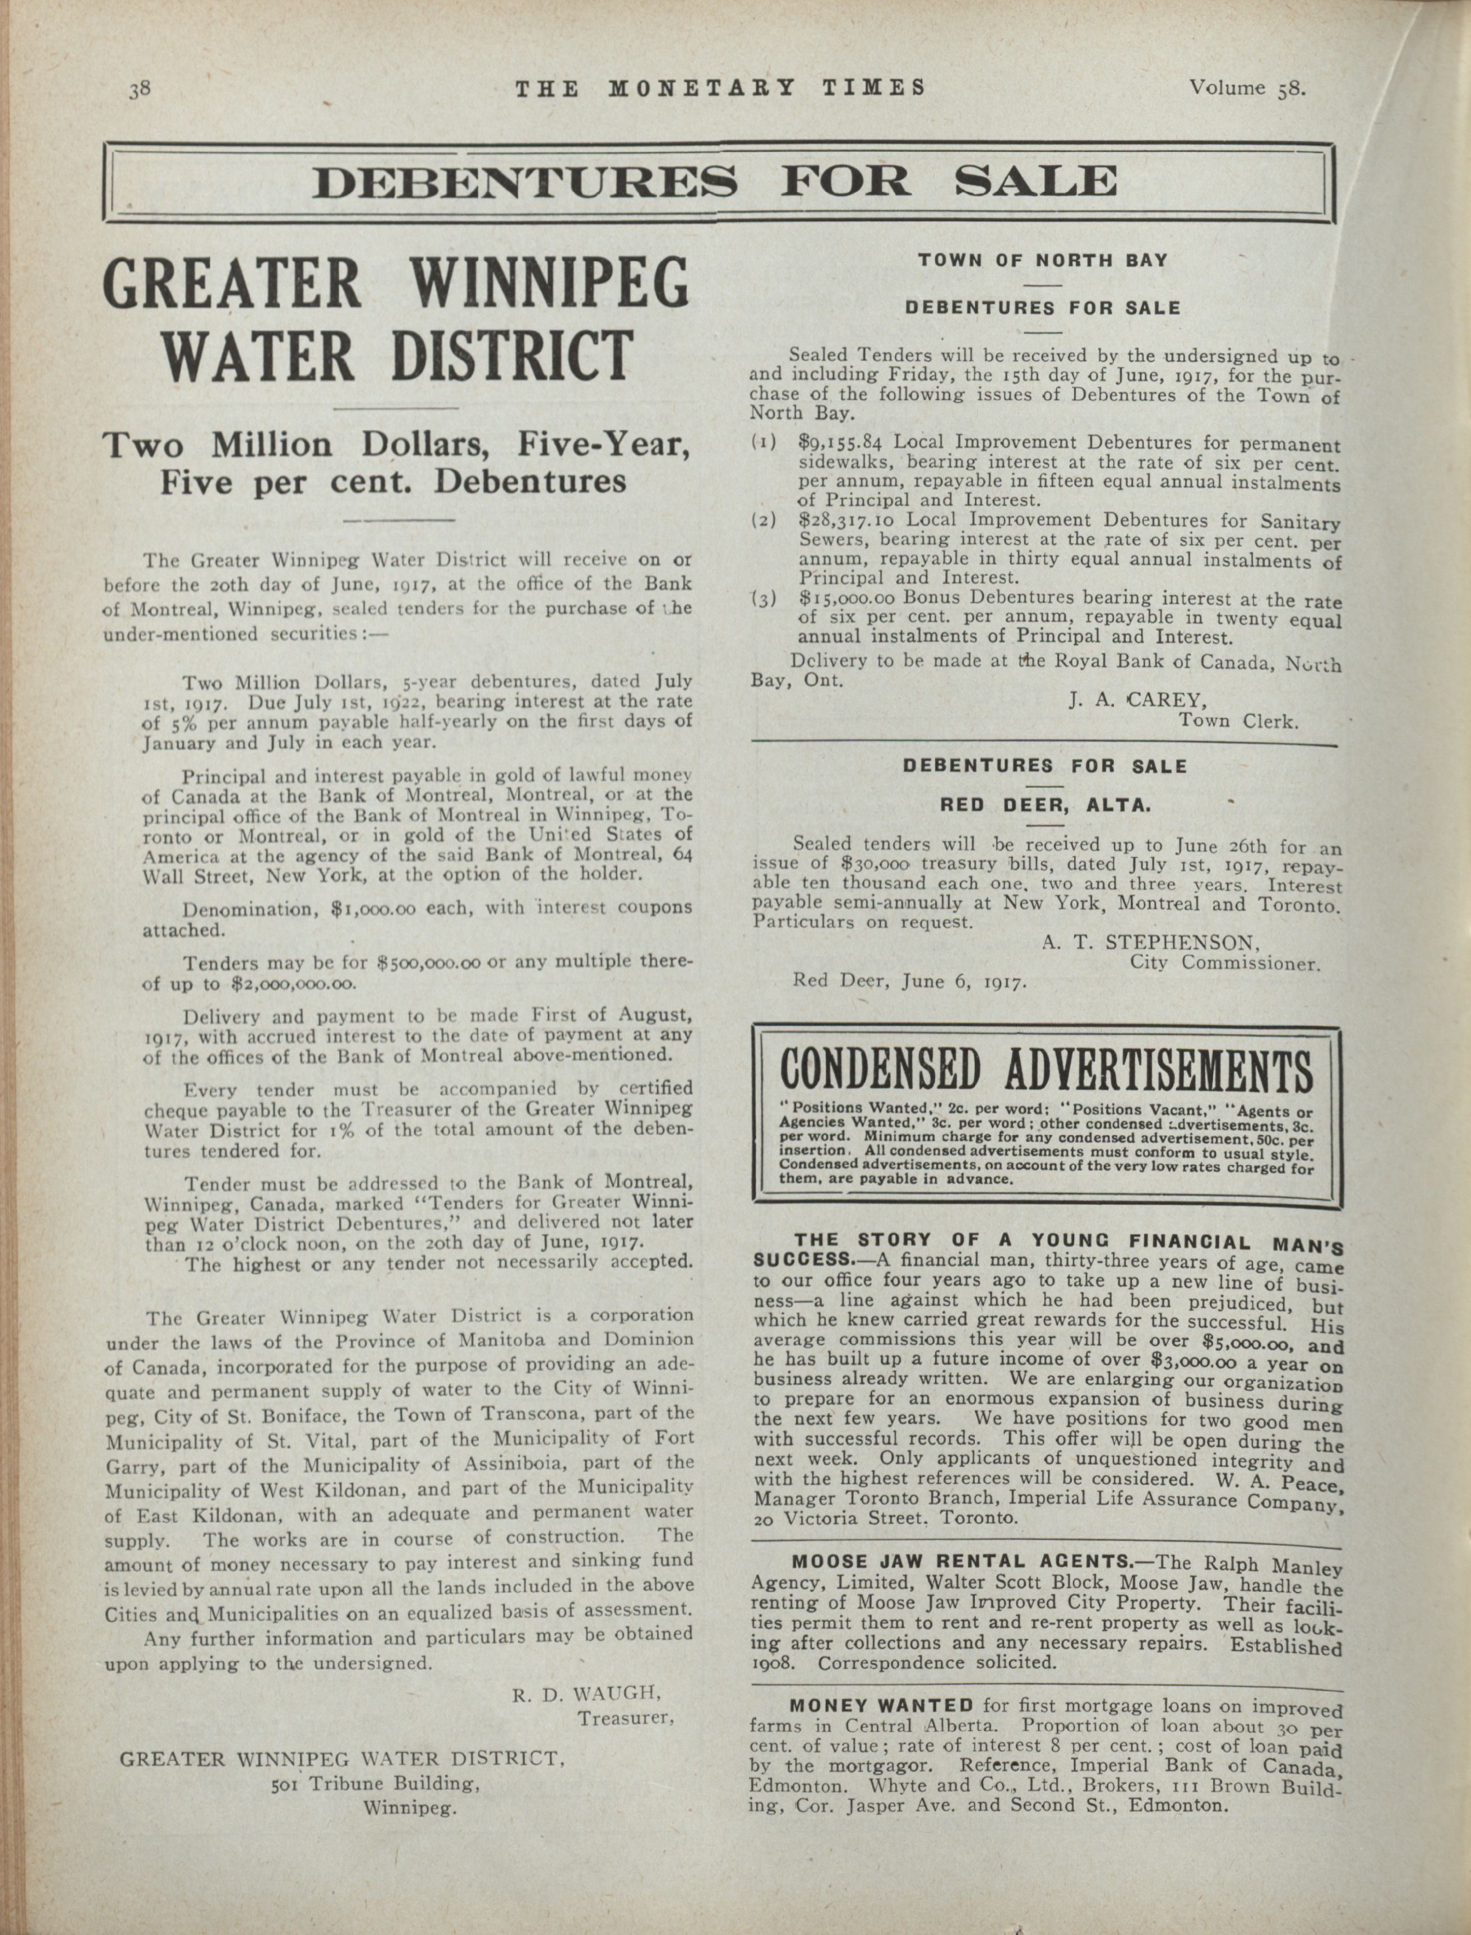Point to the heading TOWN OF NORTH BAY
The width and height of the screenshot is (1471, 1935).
1042,260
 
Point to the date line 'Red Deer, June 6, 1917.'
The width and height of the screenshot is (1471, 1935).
910,980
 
